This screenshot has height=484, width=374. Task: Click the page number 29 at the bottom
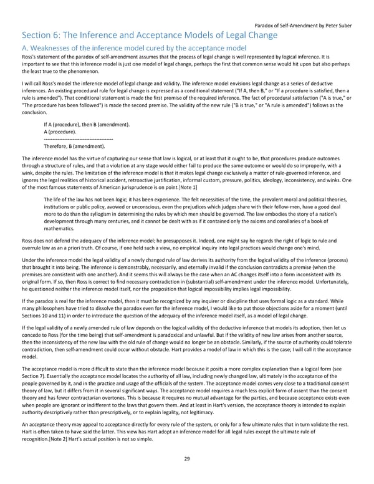(187, 458)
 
